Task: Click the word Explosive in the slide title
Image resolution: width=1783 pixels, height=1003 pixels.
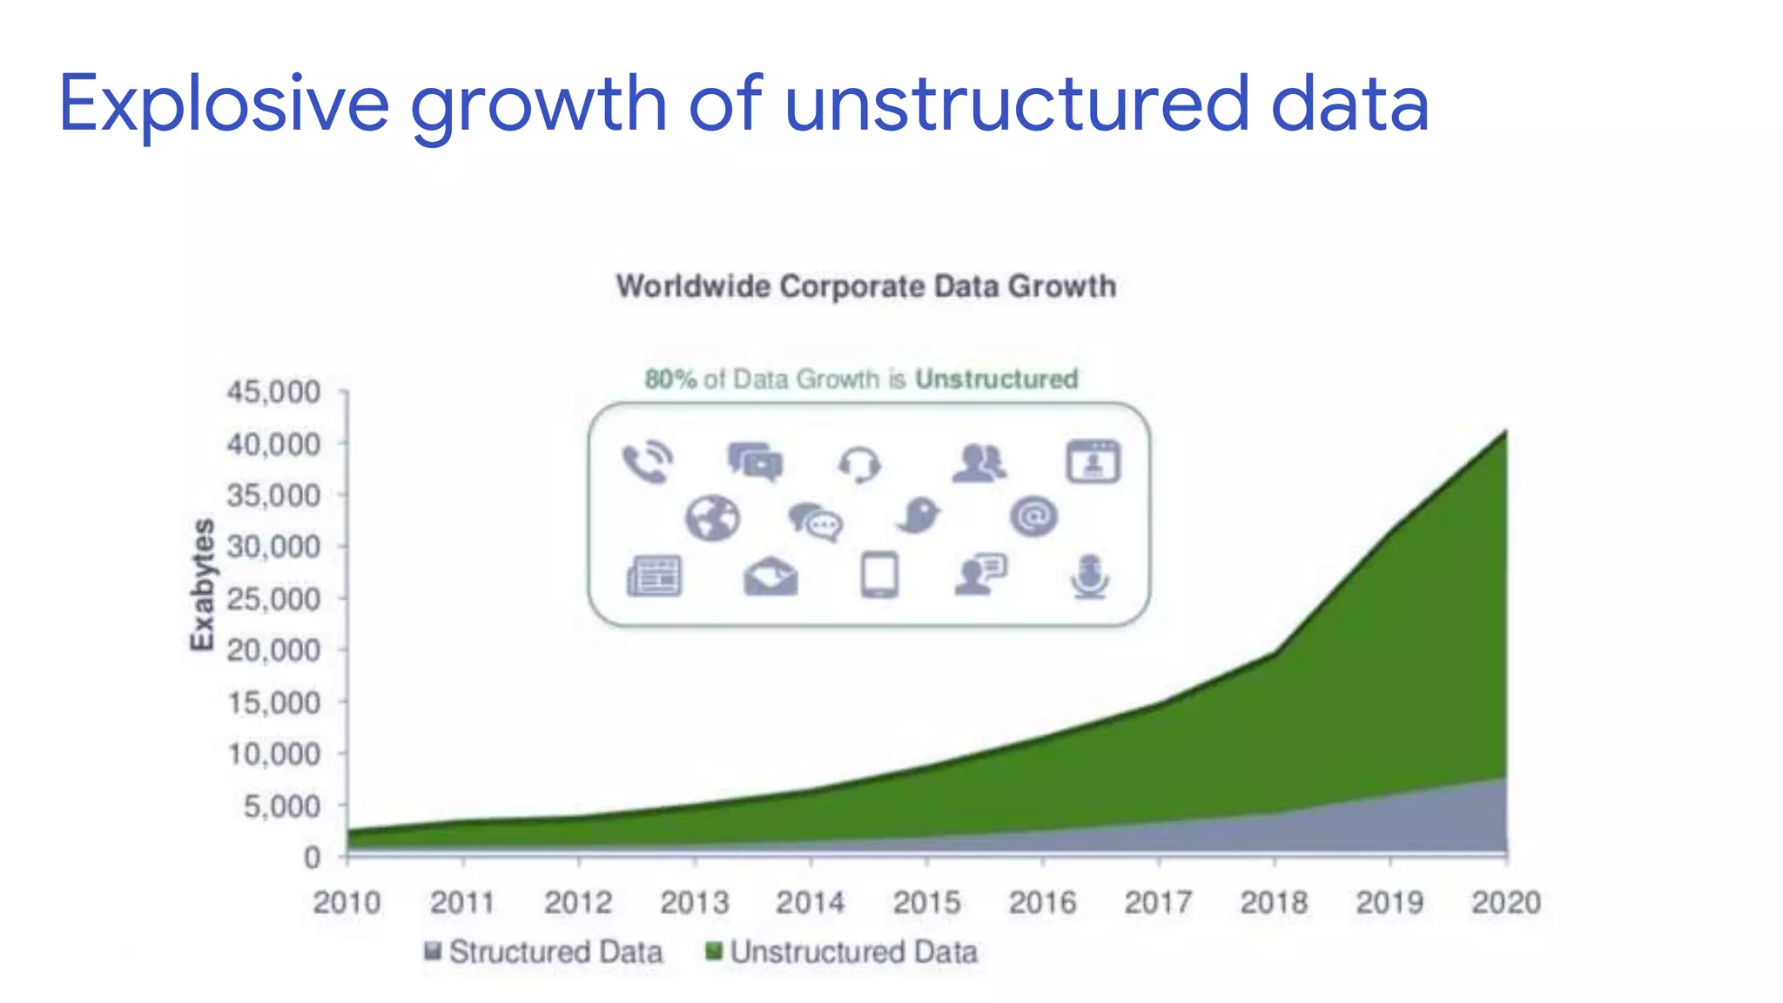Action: coord(223,104)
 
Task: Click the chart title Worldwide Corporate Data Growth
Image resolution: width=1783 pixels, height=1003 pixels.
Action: coord(865,286)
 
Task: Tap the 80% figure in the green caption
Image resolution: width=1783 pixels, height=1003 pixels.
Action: coord(670,380)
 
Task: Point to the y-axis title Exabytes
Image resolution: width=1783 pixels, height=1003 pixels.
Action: coord(202,584)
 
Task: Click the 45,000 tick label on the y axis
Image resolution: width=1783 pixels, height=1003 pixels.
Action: coord(273,393)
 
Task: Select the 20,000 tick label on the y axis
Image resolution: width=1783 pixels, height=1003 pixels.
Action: coord(273,650)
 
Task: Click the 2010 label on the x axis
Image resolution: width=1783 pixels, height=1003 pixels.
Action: coord(347,903)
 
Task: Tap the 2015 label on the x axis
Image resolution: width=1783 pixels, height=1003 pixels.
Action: coord(926,903)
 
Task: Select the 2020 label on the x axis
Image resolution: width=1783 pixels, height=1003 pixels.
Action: coord(1506,903)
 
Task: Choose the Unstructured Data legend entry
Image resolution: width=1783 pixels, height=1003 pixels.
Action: coord(842,952)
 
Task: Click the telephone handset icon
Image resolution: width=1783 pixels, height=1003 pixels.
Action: coord(648,461)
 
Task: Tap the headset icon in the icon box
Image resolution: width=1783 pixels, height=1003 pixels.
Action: coord(859,464)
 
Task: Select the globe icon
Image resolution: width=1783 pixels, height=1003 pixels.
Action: coord(712,519)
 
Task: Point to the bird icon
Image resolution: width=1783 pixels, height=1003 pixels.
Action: coord(919,515)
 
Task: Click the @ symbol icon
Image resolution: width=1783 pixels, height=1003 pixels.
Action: coord(1033,517)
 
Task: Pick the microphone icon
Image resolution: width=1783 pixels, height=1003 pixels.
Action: coord(1089,576)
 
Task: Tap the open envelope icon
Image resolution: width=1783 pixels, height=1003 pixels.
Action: coord(770,577)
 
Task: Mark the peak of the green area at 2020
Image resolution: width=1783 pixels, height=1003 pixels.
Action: coord(1505,432)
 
